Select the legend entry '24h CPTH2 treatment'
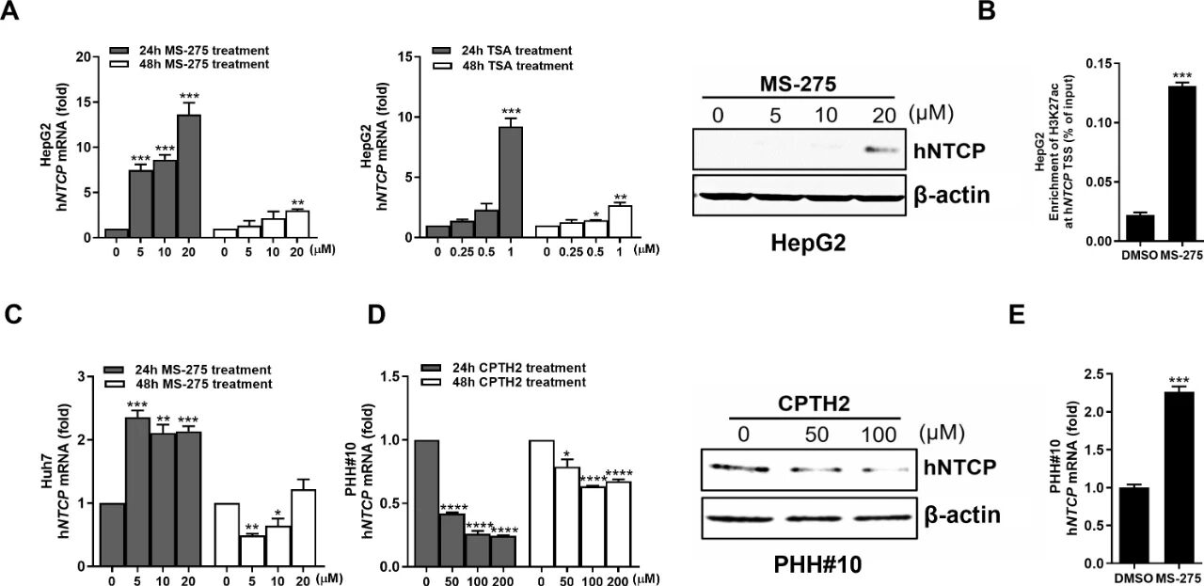pyautogui.click(x=516, y=368)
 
